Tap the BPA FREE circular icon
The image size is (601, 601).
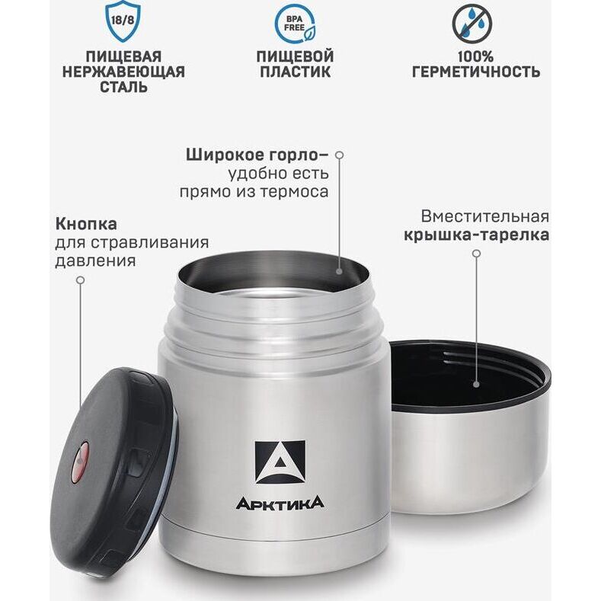coord(295,24)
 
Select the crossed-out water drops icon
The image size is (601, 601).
coord(472,24)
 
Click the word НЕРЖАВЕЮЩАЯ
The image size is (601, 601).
coord(123,72)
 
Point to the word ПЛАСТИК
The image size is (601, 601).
coord(295,72)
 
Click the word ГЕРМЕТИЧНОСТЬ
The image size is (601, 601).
coord(476,72)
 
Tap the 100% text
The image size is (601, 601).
coord(475,56)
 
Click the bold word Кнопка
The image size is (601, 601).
coord(86,224)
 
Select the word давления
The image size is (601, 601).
coord(95,261)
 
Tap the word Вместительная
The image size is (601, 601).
coord(485,216)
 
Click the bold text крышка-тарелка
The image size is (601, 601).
coord(476,235)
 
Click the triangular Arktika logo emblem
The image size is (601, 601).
coord(280,462)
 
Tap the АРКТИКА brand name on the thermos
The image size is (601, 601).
coord(280,503)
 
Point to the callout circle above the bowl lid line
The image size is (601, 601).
coord(476,254)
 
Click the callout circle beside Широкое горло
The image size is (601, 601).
coord(339,155)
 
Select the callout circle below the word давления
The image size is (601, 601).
coord(80,280)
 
